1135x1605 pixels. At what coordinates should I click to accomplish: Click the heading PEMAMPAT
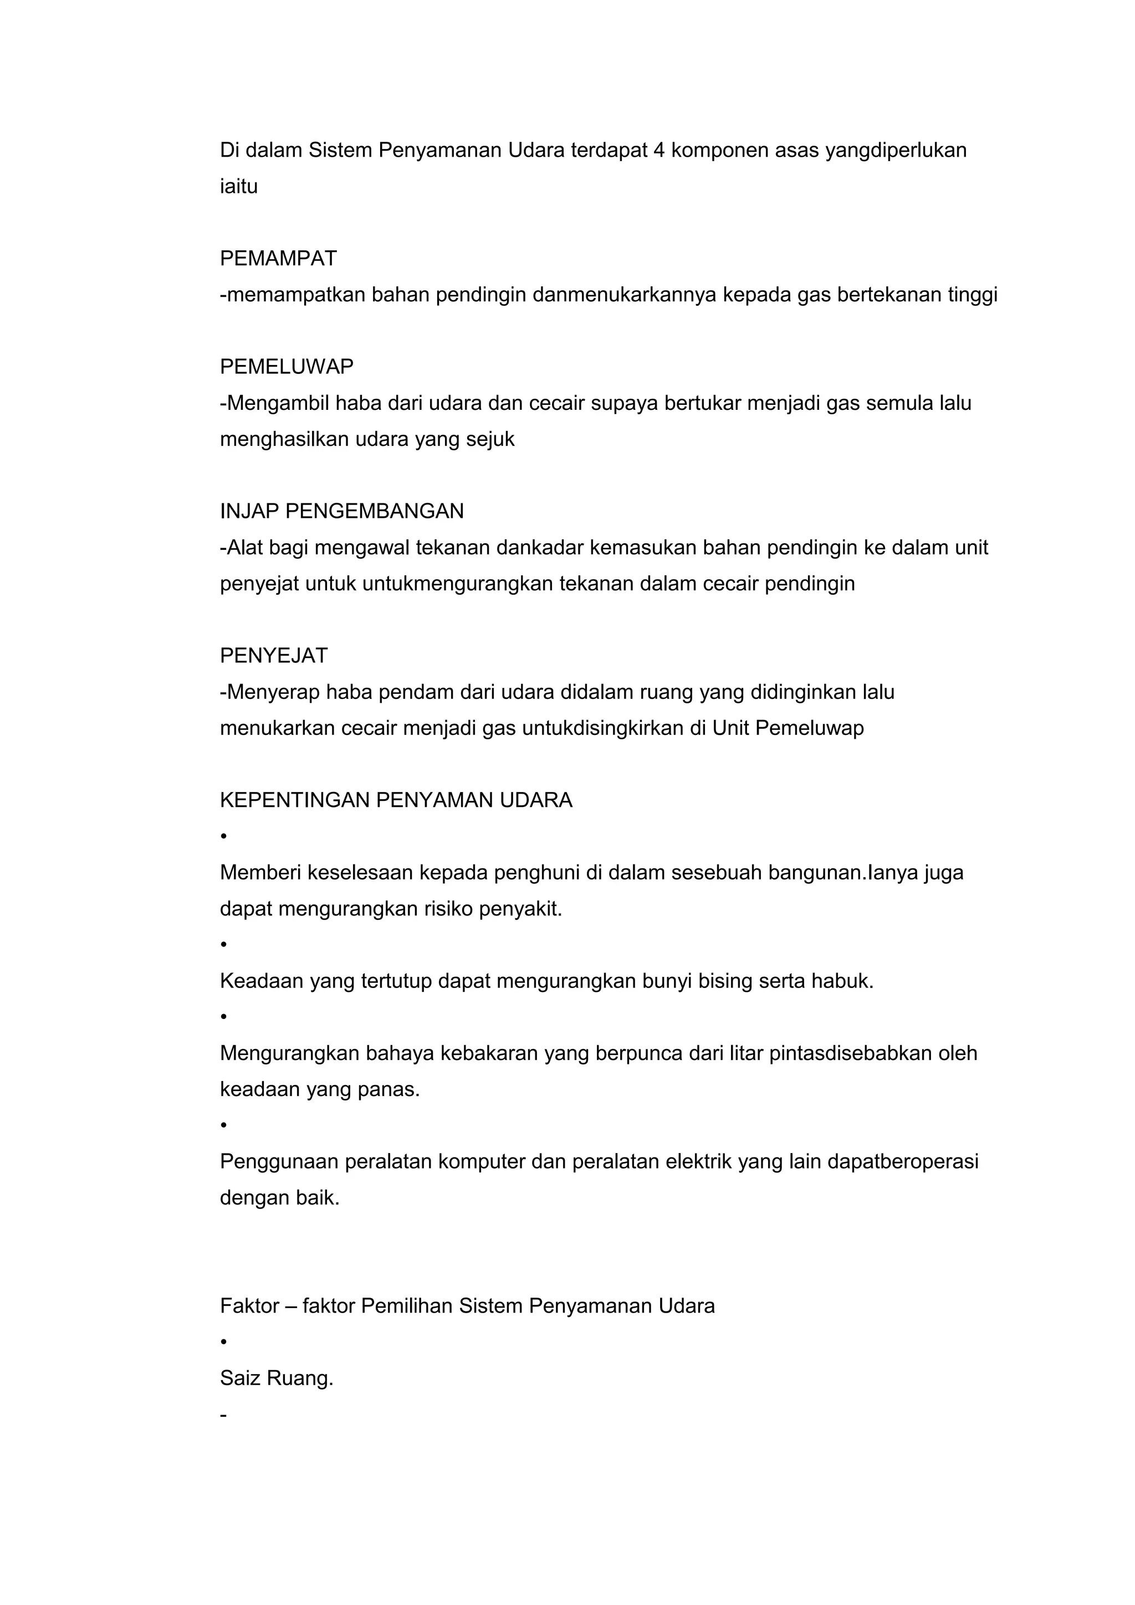click(278, 259)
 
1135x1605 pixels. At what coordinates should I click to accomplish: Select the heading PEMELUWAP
click(286, 366)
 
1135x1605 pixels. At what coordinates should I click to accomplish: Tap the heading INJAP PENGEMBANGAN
click(341, 511)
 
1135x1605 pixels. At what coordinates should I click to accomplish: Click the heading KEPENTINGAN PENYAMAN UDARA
click(396, 800)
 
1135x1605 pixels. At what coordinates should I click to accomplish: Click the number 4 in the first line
click(659, 150)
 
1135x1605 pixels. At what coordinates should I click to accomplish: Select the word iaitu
click(238, 187)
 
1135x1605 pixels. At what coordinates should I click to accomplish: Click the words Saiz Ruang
click(276, 1378)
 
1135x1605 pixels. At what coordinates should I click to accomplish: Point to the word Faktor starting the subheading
click(249, 1306)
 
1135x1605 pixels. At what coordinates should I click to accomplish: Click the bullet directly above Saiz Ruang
click(224, 1342)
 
